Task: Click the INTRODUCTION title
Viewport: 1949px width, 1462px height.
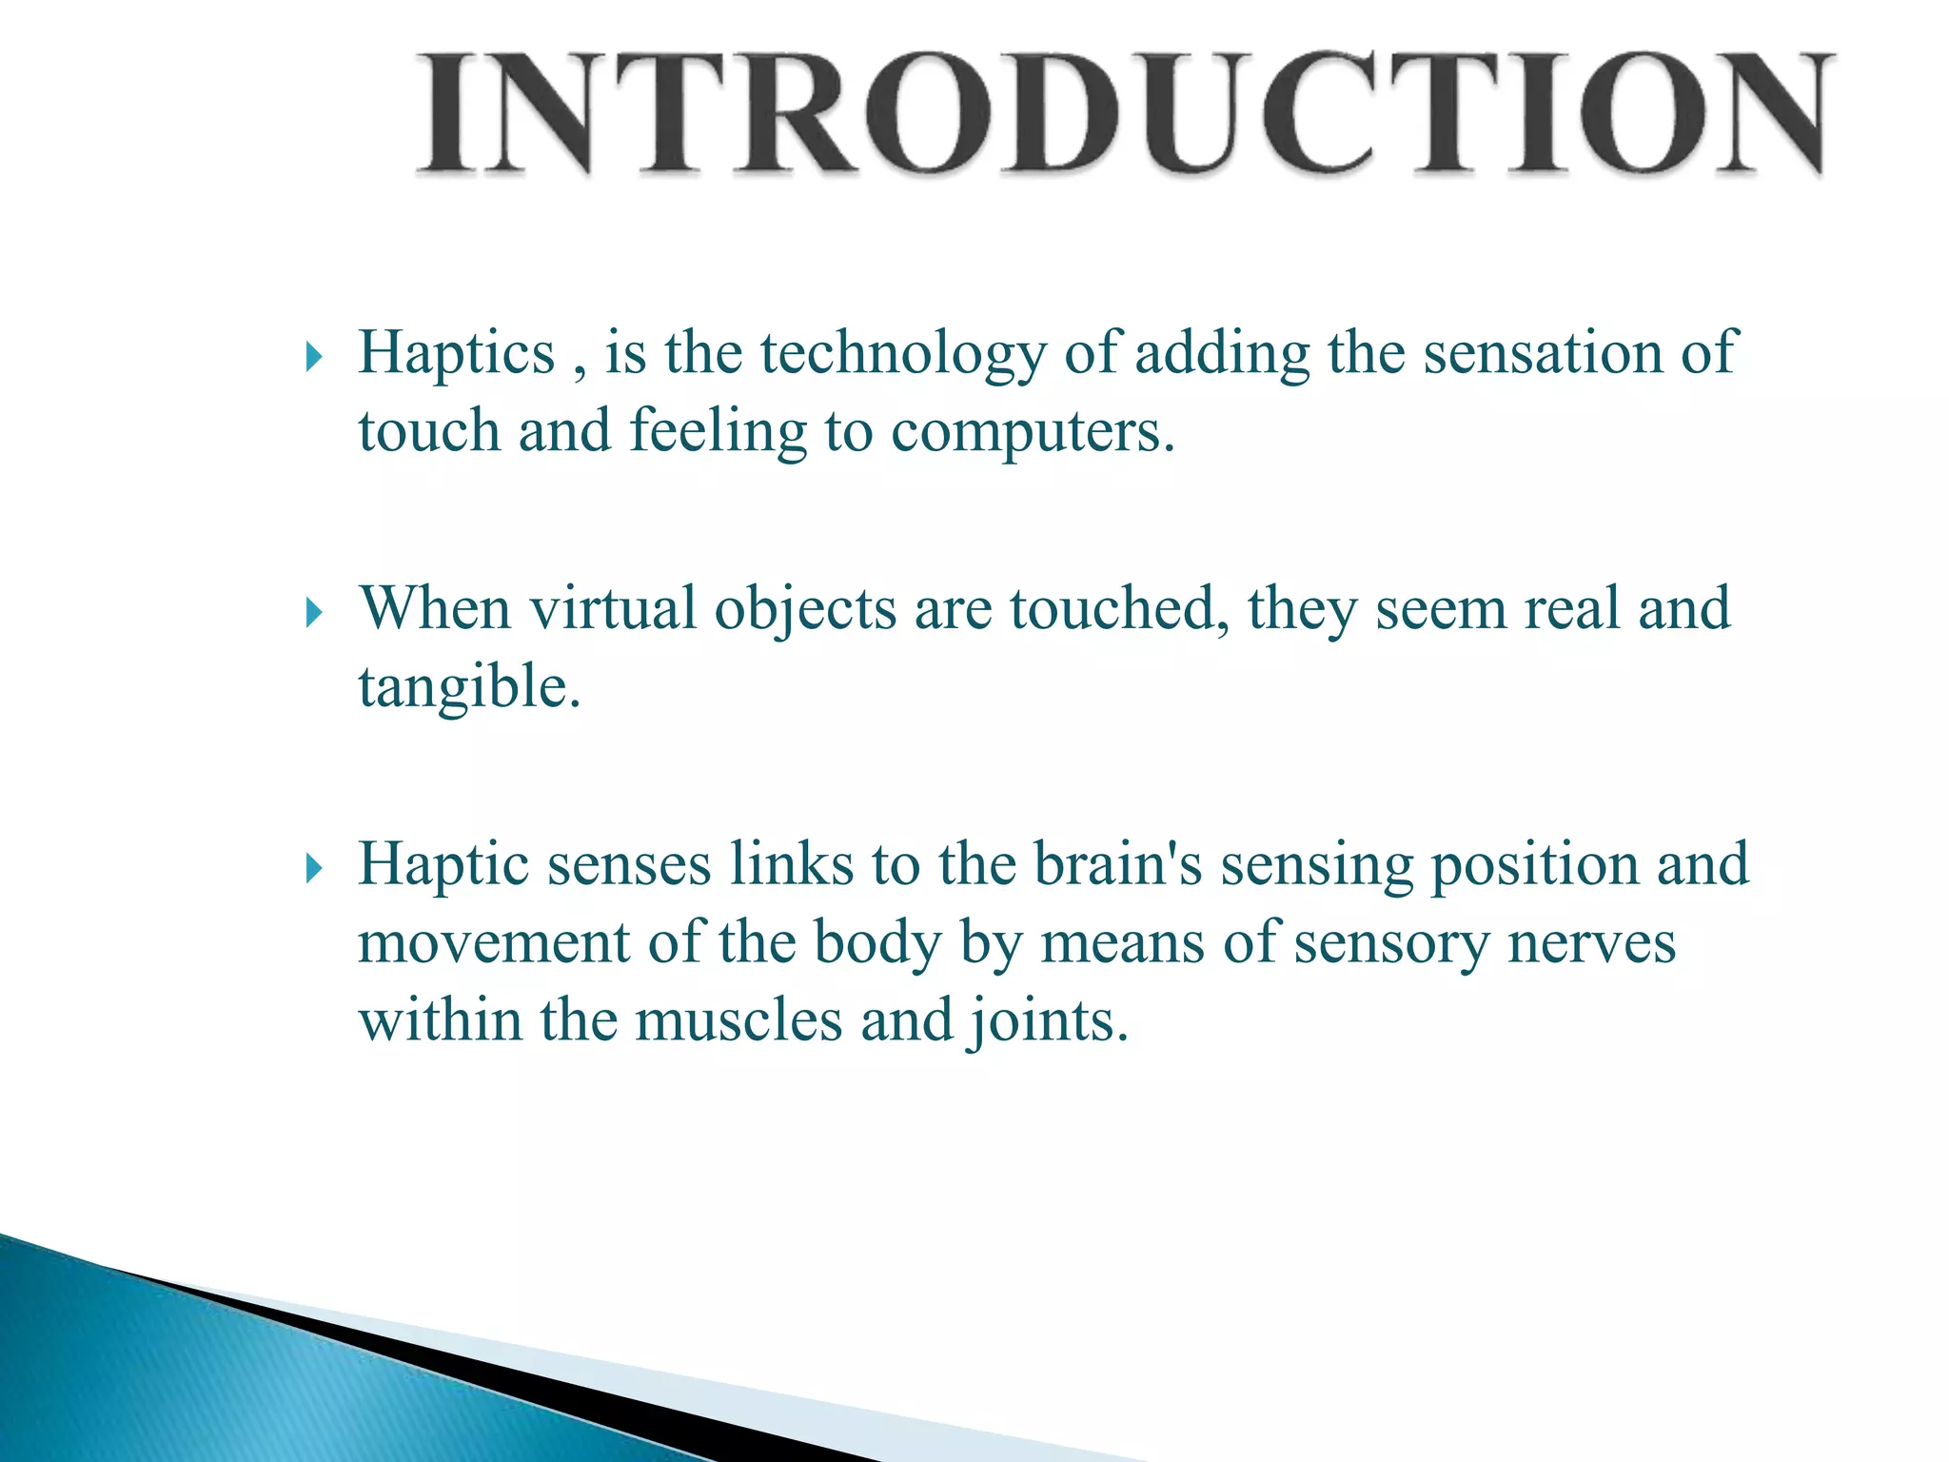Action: [x=1123, y=114]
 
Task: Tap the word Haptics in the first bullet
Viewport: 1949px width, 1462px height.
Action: [x=456, y=353]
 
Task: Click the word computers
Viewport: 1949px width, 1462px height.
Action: [x=1033, y=431]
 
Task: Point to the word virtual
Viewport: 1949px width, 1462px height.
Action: [x=612, y=608]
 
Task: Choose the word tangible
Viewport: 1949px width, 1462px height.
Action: [x=468, y=687]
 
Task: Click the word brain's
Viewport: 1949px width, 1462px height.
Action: [x=1118, y=864]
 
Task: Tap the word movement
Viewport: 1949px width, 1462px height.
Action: [x=494, y=943]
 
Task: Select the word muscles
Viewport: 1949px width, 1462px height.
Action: [x=738, y=1020]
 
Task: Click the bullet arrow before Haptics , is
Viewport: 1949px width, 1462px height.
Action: [x=315, y=359]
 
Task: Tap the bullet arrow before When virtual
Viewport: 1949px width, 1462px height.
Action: [x=315, y=614]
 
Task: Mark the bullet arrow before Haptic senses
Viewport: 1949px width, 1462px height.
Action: [x=315, y=869]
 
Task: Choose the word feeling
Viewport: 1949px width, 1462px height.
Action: [x=718, y=431]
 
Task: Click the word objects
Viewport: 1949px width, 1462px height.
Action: [x=805, y=608]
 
